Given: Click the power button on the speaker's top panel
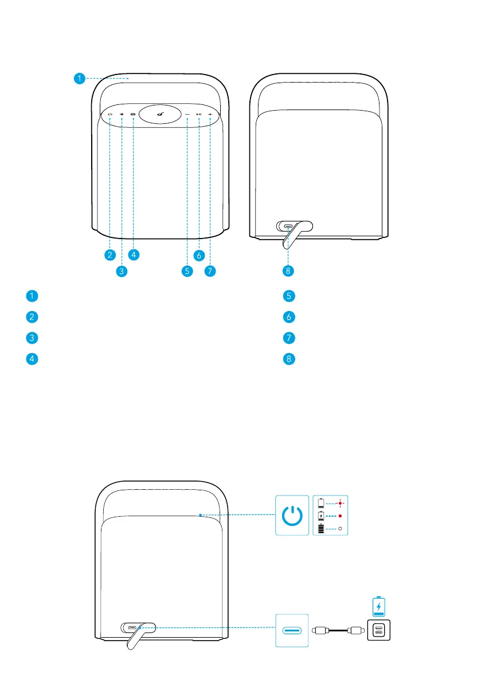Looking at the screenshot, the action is coord(111,115).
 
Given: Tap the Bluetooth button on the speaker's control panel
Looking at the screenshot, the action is coord(122,115).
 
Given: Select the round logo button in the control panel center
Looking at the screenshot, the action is coord(160,115).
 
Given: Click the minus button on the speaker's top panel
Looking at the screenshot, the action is coord(187,115).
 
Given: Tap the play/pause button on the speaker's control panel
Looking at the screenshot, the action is coord(199,115).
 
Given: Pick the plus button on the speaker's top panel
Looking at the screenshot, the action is coord(210,115).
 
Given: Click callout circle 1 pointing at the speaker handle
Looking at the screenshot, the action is coord(80,79).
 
